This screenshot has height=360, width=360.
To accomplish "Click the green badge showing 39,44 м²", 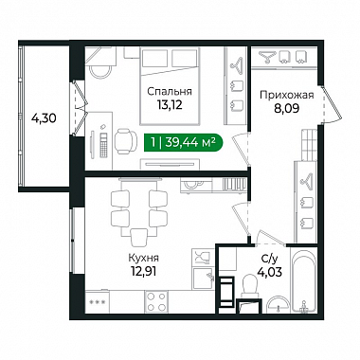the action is (184, 143).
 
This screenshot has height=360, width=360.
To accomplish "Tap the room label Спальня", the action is (170, 92).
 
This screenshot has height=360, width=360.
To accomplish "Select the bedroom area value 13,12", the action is (170, 105).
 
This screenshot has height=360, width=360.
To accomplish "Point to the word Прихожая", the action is (287, 95).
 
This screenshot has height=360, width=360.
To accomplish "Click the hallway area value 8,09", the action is (287, 108).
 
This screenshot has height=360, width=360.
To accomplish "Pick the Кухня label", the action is (144, 258).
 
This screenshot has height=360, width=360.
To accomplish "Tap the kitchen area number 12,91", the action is (144, 271).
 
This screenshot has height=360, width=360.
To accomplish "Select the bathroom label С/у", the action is (269, 260).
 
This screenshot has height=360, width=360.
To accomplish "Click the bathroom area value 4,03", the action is (269, 272).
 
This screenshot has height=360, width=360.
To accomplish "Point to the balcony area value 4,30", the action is (44, 118).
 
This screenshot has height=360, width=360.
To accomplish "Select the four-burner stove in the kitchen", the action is (156, 301).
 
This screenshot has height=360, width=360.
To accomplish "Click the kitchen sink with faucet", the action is (204, 279).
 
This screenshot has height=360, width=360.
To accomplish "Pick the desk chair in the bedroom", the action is (126, 141).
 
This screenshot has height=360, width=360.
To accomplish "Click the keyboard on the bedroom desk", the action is (103, 145).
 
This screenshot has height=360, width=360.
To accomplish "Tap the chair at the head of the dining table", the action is (139, 238).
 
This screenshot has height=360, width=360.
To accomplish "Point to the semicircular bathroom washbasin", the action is (279, 305).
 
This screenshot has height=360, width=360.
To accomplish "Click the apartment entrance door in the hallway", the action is (331, 103).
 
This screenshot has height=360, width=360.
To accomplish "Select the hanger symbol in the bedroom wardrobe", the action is (236, 64).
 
